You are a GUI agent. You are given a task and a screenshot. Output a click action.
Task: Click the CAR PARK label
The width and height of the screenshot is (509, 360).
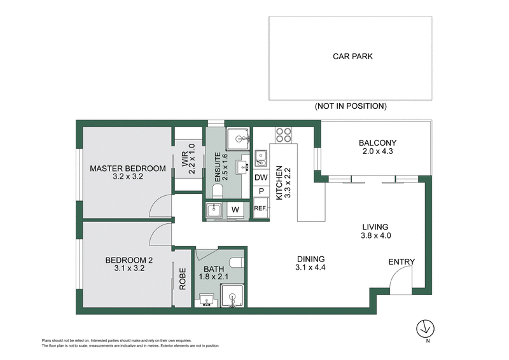[x=352, y=56]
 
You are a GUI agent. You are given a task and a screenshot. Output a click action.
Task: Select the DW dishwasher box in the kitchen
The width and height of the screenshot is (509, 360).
[x=261, y=178]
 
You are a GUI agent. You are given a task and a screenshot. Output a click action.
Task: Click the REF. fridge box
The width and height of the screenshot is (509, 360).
[x=260, y=208]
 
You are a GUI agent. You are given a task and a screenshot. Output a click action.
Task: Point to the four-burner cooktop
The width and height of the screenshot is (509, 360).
[x=283, y=135]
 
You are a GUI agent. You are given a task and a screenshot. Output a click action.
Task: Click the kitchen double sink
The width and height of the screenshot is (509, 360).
[x=261, y=156]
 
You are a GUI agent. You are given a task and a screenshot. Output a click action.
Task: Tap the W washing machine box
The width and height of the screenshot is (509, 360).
[x=234, y=209]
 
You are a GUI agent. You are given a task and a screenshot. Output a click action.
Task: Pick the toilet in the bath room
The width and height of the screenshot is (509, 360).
[x=237, y=262]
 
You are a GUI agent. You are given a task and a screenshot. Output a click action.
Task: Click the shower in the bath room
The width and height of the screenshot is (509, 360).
[x=232, y=295]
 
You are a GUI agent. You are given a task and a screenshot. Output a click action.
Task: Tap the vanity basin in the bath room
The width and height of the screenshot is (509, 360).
[x=207, y=301]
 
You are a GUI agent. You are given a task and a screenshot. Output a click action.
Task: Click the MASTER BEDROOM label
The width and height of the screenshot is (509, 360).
[x=127, y=169]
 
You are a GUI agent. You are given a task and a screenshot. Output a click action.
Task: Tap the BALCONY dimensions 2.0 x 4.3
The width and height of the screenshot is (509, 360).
[x=377, y=153]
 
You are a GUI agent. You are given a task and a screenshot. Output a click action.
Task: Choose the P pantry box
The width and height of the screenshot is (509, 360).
[x=261, y=192]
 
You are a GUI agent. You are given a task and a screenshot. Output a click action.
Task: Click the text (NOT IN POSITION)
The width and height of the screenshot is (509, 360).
[x=351, y=106]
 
